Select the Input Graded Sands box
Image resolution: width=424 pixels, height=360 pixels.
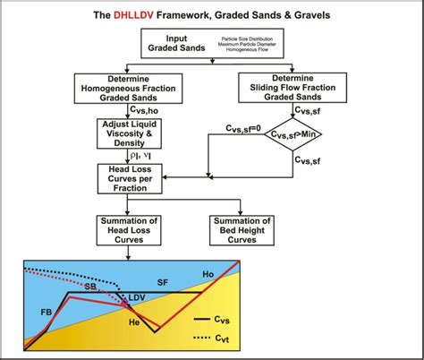pyautogui.click(x=212, y=43)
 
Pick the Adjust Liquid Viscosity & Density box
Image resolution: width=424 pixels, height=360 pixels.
pyautogui.click(x=130, y=133)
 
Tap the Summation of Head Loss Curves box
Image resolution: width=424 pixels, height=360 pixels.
pyautogui.click(x=130, y=227)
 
